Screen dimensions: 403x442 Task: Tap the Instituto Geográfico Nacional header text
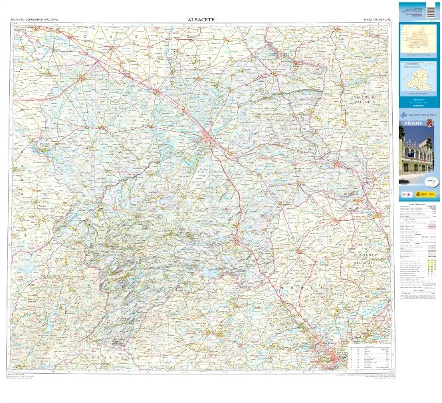point(35,21)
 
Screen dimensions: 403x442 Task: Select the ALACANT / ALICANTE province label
point(366,258)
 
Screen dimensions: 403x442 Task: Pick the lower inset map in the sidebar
point(419,80)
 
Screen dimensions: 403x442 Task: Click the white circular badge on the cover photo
point(432,180)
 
